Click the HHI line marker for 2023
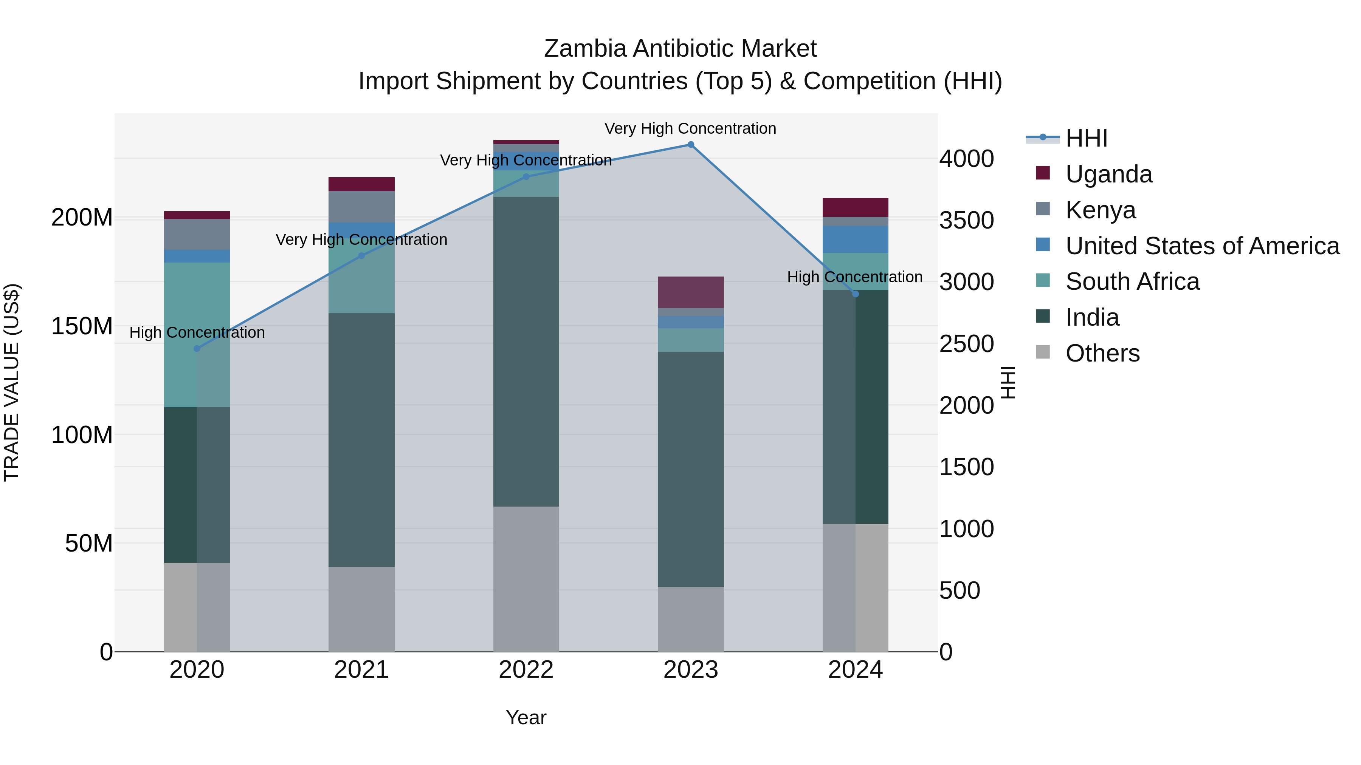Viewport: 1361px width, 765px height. tap(691, 145)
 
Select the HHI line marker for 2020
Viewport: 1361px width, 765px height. tap(197, 348)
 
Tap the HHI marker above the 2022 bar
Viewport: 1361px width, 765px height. tap(526, 177)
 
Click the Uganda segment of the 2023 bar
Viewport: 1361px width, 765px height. tap(691, 292)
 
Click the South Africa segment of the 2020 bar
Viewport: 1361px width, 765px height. tap(197, 335)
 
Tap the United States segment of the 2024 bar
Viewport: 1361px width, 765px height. tap(856, 239)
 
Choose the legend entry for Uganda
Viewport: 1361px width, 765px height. tap(1108, 174)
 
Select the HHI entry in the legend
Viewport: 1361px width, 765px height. tap(1086, 138)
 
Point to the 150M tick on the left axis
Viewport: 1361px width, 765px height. tap(82, 326)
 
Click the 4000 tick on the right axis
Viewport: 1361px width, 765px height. tap(966, 158)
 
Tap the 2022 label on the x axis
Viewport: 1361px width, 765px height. tap(526, 670)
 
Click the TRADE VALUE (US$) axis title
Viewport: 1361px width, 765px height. tap(12, 382)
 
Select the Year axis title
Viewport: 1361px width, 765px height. tap(526, 717)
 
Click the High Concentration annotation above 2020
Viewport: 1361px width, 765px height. tap(197, 332)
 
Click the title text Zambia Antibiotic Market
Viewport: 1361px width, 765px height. tap(680, 49)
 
